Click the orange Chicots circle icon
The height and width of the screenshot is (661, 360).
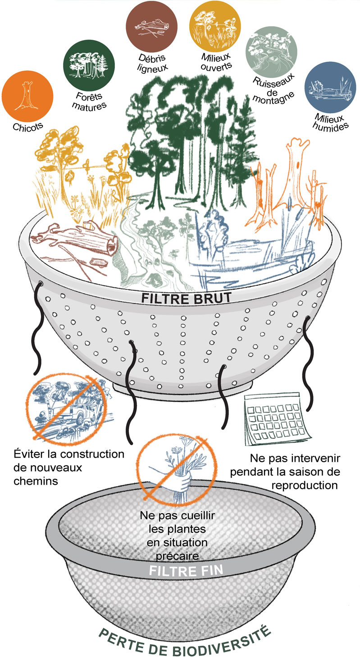click(27, 96)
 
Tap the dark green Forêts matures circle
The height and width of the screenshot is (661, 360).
click(89, 65)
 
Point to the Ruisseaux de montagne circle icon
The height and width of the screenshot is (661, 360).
click(271, 52)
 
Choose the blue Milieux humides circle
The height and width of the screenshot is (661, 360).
click(330, 87)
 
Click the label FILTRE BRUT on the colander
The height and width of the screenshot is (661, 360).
click(186, 298)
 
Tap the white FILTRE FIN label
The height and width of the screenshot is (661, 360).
click(186, 571)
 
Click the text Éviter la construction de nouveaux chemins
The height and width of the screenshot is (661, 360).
click(69, 468)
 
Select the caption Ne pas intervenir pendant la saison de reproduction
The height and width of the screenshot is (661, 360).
click(285, 472)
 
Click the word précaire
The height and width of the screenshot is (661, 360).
click(177, 555)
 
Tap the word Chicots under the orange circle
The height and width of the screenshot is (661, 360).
click(28, 127)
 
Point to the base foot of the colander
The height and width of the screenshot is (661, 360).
click(183, 387)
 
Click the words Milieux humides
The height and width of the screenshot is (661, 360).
click(330, 122)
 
